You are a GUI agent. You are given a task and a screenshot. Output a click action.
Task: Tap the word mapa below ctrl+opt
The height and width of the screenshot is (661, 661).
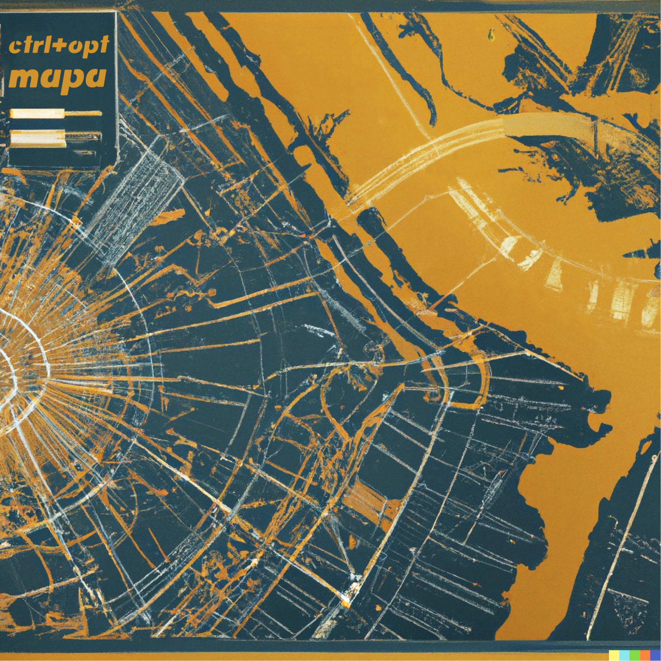coord(57,77)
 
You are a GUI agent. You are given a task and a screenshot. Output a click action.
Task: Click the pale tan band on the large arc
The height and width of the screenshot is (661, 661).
coord(551,124)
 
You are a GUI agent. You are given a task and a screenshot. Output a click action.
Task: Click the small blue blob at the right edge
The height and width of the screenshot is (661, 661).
coord(658,270)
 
